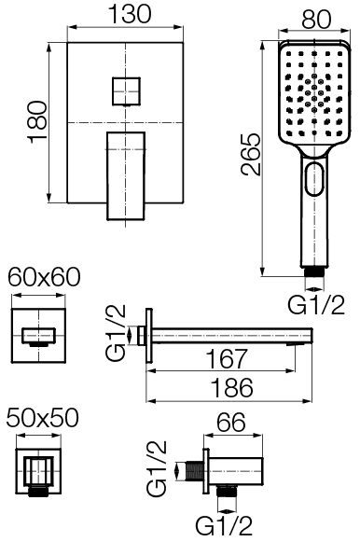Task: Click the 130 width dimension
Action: click(130, 14)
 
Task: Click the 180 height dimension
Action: click(37, 122)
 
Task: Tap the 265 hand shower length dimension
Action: click(251, 154)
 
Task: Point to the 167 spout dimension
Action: click(227, 358)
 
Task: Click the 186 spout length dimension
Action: click(232, 387)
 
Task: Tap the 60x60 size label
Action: click(44, 277)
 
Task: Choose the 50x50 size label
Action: click(43, 417)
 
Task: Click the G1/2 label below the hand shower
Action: click(316, 304)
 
